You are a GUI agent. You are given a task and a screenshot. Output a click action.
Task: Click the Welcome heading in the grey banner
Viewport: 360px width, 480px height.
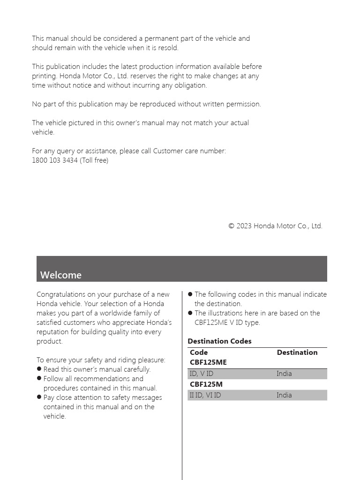(x=61, y=275)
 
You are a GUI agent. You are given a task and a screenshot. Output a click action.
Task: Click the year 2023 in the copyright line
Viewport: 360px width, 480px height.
(x=244, y=226)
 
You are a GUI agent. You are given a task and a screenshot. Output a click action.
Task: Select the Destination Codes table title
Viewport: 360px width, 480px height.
(x=219, y=341)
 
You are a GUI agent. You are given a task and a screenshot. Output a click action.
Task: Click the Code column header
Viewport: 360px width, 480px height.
(x=199, y=352)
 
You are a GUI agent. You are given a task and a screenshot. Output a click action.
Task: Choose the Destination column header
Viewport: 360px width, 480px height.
(x=297, y=352)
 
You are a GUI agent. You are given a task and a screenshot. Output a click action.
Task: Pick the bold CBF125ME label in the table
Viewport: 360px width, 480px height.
(x=208, y=362)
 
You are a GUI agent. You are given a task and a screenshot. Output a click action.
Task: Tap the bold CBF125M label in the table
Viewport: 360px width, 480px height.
(x=206, y=384)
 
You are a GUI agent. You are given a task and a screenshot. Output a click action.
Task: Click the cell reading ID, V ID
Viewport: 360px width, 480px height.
(x=201, y=374)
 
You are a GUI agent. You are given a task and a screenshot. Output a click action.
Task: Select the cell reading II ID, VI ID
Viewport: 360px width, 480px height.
(x=205, y=395)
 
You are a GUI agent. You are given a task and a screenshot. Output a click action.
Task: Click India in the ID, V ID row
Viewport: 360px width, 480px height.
(x=284, y=374)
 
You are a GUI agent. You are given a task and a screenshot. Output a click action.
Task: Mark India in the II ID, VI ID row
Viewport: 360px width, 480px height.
(x=284, y=395)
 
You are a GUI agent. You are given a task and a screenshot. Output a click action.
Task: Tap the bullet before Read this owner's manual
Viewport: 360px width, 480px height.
(x=39, y=369)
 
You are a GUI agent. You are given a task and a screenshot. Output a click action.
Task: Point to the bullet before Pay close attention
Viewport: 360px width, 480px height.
(x=39, y=397)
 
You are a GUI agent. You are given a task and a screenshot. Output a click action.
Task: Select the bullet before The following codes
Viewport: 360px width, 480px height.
(x=190, y=294)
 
